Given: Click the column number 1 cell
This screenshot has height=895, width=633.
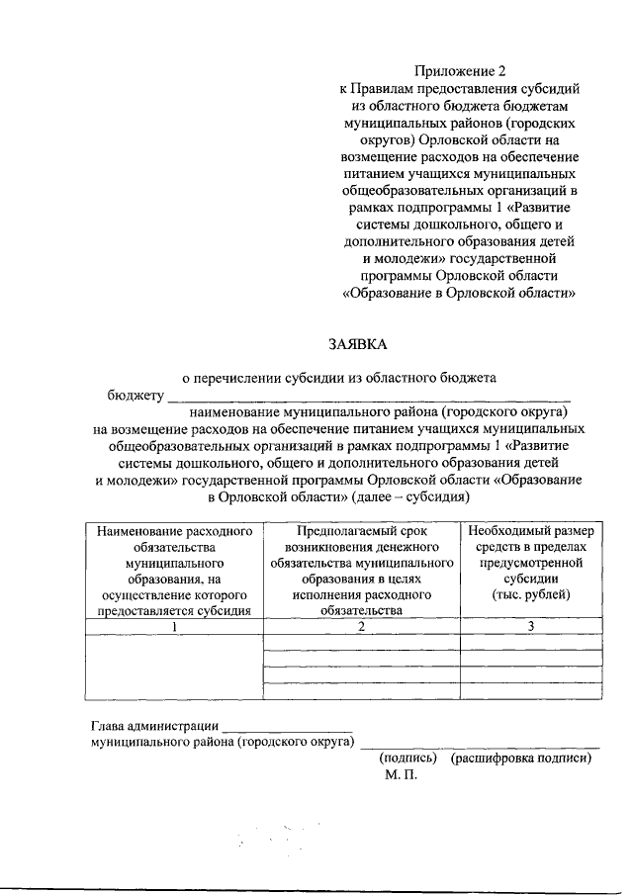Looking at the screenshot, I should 175,626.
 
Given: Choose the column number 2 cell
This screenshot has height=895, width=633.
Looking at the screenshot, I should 362,626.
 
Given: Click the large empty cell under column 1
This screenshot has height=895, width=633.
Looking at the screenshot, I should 175,668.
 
